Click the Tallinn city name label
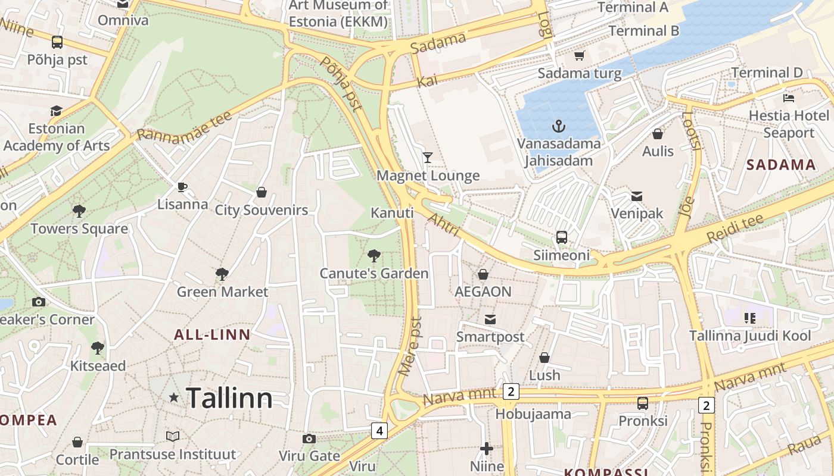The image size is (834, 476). pos(229,397)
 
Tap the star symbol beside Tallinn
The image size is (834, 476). pos(173,397)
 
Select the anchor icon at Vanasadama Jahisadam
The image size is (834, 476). pos(558,126)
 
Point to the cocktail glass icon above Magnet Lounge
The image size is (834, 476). pos(428,158)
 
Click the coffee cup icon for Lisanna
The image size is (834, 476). pos(182,187)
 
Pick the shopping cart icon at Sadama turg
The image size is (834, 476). pos(579,56)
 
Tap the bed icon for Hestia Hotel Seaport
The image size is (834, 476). pos(789,98)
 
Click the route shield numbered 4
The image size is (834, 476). pos(379,430)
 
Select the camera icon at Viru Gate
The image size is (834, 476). pos(309,439)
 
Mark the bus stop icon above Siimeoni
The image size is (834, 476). pos(561,237)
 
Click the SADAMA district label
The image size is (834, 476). pos(780,165)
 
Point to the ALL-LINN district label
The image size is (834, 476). pos(212,334)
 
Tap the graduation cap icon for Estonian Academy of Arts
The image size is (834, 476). pos(56,111)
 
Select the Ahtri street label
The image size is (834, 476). pos(443,224)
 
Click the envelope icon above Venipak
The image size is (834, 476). pos(636,196)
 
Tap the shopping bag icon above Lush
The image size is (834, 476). pos(544,358)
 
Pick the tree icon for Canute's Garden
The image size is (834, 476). pos(374,256)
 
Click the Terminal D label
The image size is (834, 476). pos(767,73)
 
